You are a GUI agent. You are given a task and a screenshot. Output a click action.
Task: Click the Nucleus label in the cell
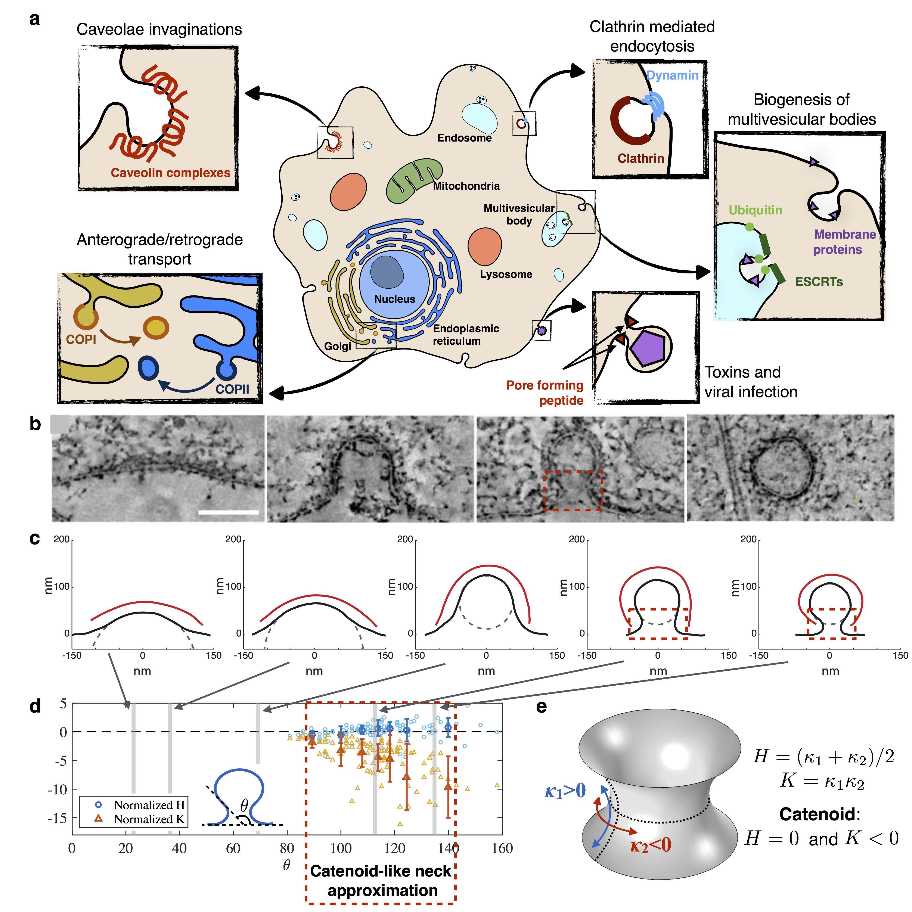[x=395, y=299]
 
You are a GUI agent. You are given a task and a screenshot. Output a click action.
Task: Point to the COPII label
[x=232, y=390]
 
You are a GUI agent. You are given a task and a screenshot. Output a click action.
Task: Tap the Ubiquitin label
[x=755, y=211]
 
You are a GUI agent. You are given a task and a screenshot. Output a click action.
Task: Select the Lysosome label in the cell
[x=506, y=274]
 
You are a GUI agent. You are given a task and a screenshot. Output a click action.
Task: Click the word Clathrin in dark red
[x=640, y=159]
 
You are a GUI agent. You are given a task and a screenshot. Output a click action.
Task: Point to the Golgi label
[x=338, y=347]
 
